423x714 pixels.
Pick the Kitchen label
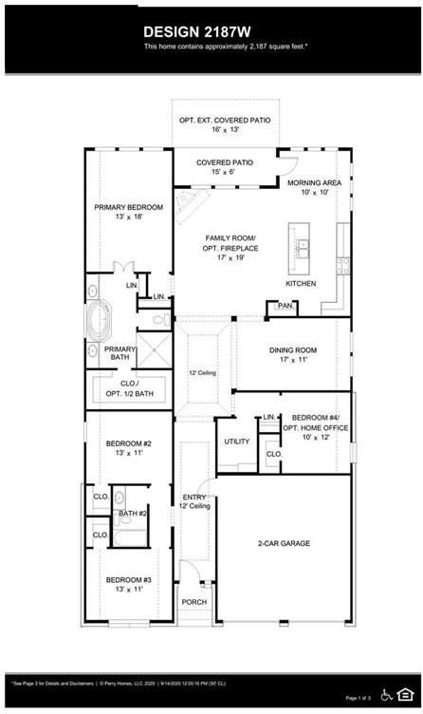pos(301,284)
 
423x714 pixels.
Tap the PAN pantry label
pos(285,306)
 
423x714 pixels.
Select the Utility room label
pos(236,442)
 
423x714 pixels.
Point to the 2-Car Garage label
pos(285,543)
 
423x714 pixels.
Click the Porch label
pos(193,601)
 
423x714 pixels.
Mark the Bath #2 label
pos(132,514)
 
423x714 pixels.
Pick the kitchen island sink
pos(304,250)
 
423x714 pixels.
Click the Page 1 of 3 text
pos(359,698)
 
